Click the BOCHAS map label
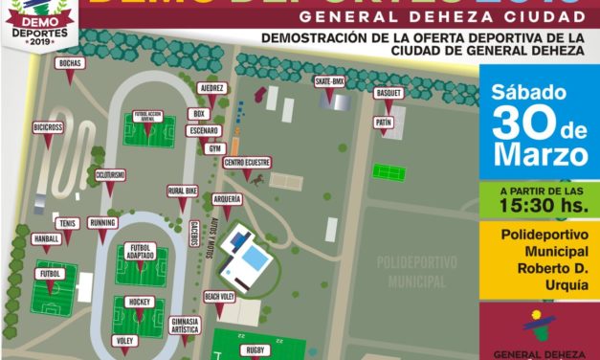[71, 63]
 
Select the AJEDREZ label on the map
[211, 88]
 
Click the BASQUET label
[389, 94]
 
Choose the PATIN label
[385, 124]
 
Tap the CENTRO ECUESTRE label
[247, 164]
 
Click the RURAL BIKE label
[183, 191]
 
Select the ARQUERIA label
[228, 199]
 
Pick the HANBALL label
[46, 237]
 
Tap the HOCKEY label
[139, 302]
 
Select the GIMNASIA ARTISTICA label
[184, 325]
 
